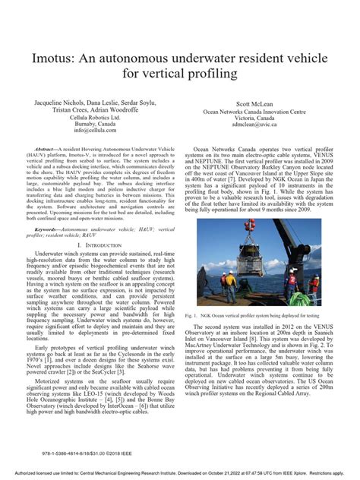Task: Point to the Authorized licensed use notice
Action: click(x=180, y=471)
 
